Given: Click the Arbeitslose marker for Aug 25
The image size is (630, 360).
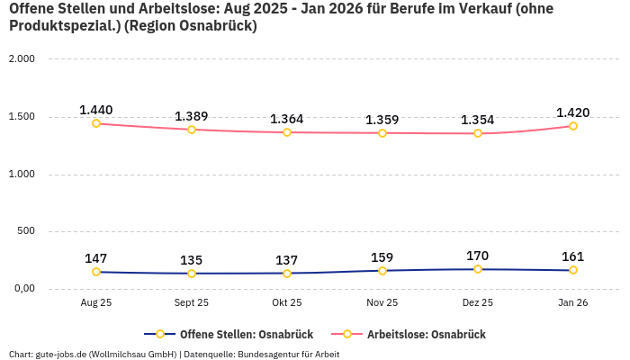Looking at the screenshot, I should [96, 123].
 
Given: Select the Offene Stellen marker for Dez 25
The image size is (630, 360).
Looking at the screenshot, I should [478, 269].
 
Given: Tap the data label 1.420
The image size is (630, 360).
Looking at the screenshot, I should [573, 112].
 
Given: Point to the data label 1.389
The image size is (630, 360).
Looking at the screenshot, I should [192, 116].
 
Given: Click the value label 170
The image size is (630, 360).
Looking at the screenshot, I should [478, 256].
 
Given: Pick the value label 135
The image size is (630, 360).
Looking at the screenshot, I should [192, 260].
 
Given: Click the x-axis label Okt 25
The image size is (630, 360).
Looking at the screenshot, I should [287, 303].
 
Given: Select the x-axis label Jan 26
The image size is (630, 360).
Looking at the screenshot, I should [573, 303].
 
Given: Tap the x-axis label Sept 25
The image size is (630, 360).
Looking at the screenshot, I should [192, 303].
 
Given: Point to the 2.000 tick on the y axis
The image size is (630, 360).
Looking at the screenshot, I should [21, 59].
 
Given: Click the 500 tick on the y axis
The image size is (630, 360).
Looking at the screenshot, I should [25, 231].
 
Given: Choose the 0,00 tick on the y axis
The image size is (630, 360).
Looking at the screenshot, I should [22, 289].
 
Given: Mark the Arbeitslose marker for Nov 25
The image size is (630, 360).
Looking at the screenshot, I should [382, 133].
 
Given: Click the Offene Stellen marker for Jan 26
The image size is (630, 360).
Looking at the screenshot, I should [573, 270].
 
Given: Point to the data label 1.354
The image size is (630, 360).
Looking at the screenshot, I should [478, 120].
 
